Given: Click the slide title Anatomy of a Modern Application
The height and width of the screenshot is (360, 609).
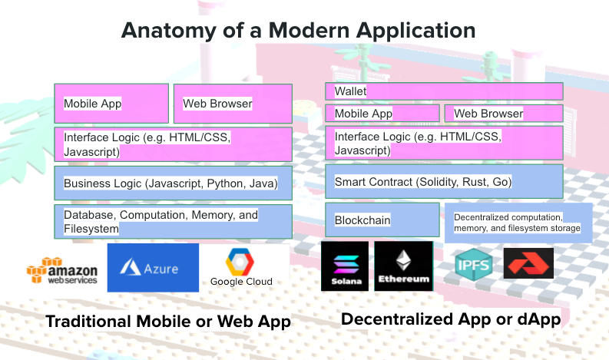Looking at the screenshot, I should click(298, 31).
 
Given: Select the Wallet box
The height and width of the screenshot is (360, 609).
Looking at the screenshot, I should click(444, 91).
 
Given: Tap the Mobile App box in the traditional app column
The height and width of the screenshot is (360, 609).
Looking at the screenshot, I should click(111, 104).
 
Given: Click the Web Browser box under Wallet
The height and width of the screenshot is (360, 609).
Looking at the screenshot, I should click(503, 114).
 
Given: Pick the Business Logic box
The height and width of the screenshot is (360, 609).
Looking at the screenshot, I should click(173, 183).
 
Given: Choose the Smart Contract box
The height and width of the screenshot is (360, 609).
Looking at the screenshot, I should click(444, 182).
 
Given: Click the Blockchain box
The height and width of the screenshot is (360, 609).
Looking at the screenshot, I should click(382, 220).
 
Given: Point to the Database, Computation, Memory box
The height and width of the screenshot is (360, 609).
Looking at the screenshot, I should click(173, 221).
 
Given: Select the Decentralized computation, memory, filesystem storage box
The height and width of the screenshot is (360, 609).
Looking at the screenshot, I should click(518, 223).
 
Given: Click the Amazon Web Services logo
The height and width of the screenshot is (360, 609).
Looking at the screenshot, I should click(62, 271).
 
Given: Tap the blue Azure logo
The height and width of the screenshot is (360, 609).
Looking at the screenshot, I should click(153, 268).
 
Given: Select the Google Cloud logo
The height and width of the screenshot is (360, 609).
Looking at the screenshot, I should click(241, 268).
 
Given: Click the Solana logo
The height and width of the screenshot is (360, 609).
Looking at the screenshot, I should click(344, 266).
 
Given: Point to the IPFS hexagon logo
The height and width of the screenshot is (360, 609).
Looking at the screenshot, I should click(469, 263).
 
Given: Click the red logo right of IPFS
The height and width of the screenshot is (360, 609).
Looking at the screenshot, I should click(528, 263).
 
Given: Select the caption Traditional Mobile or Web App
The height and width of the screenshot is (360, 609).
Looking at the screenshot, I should click(168, 322).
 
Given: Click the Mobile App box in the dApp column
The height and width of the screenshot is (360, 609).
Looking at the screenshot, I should click(382, 114).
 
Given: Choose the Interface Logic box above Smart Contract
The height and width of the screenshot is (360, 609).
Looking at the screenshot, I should click(444, 144).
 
